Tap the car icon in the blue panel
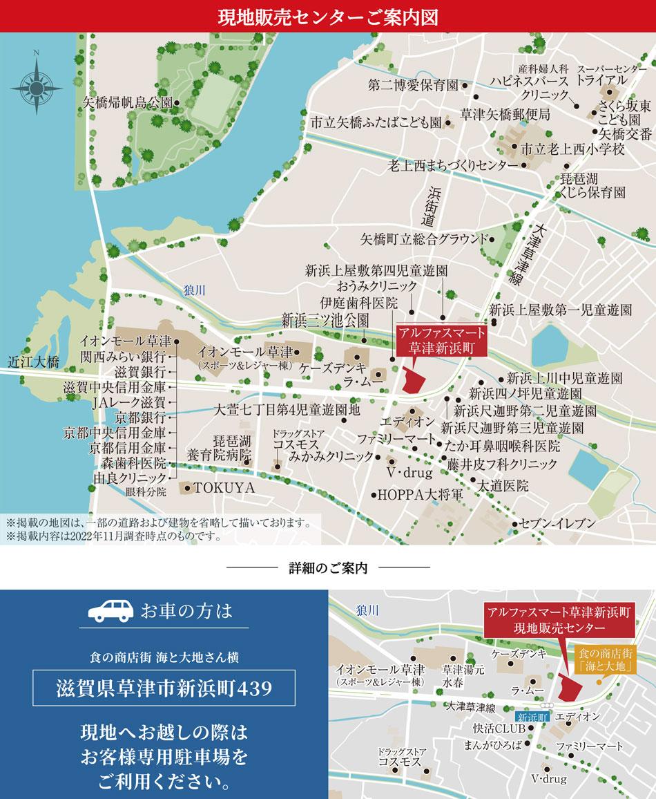click(x=112, y=611)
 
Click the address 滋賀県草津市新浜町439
click(x=164, y=689)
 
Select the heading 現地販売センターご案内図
click(x=327, y=16)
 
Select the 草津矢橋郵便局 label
click(x=505, y=113)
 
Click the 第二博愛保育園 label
click(x=414, y=86)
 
